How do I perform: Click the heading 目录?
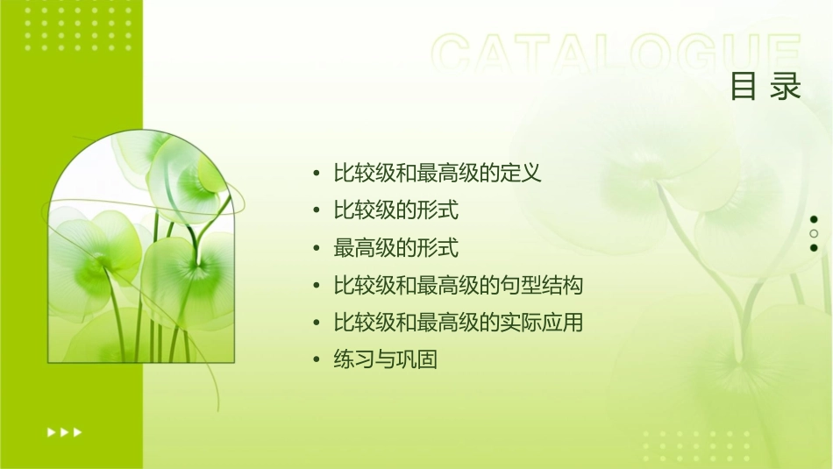point(765,87)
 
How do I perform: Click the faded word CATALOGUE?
point(616,54)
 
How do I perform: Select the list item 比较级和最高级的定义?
point(438,173)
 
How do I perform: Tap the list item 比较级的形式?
point(395,210)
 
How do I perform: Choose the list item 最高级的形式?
point(395,248)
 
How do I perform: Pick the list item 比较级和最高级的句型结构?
point(458,286)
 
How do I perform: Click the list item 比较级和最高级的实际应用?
point(458,323)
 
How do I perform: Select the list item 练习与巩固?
point(385,360)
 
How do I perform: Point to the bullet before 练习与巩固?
point(317,360)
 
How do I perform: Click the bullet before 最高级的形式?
point(317,248)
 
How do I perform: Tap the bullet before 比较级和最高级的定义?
point(317,173)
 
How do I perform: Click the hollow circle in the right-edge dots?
point(814,233)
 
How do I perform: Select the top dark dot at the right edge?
point(814,219)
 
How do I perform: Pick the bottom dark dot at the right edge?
point(814,247)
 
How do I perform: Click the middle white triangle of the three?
point(64,432)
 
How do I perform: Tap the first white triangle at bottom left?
point(51,432)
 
